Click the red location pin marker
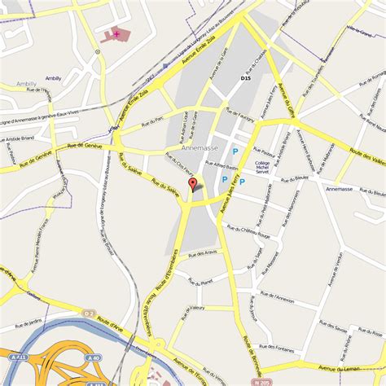(x=193, y=186)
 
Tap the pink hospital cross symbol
(x=116, y=33)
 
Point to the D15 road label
(x=245, y=78)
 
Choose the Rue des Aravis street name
(x=201, y=254)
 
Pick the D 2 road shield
(x=89, y=312)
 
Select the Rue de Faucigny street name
(x=242, y=116)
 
